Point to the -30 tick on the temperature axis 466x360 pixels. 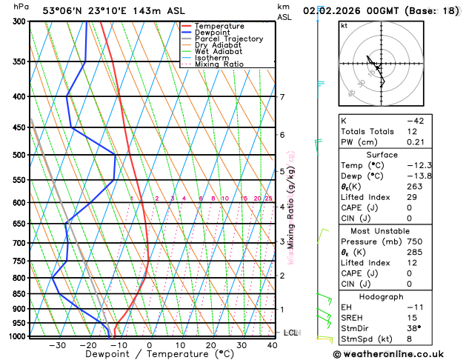click(x=57, y=345)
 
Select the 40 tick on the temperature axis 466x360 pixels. click(x=273, y=345)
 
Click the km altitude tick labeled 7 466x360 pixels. click(x=282, y=97)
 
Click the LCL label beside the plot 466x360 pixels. click(x=290, y=333)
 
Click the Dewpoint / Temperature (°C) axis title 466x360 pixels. click(x=148, y=355)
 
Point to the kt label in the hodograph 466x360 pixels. click(x=344, y=26)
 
